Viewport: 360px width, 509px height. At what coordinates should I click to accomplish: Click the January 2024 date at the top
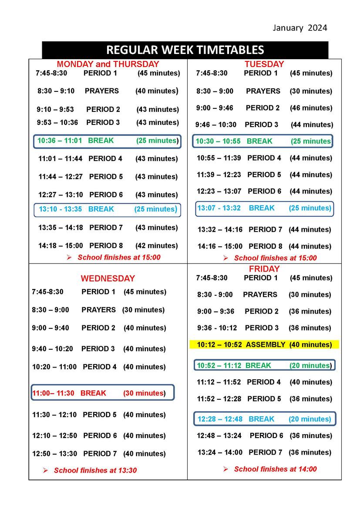[299, 28]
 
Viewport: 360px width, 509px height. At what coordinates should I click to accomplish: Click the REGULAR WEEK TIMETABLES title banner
[185, 50]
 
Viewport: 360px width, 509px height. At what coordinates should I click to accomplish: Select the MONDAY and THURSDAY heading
[108, 64]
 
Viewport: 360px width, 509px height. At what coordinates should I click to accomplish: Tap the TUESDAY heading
[264, 64]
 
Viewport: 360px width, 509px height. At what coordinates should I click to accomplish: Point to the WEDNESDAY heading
[108, 278]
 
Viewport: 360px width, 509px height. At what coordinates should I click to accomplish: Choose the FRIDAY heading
[264, 269]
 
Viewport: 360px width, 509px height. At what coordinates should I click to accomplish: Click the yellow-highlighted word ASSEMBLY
[266, 345]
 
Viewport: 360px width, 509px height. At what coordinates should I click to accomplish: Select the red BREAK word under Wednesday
[93, 393]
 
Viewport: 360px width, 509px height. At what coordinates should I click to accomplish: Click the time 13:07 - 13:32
[219, 208]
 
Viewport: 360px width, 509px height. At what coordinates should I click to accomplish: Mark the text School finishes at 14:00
[275, 469]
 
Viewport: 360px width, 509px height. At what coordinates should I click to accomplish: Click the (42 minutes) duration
[157, 246]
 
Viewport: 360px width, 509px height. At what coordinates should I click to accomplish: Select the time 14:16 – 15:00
[220, 246]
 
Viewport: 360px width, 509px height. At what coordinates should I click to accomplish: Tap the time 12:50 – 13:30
[54, 454]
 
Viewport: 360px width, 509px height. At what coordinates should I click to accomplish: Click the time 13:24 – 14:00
[220, 452]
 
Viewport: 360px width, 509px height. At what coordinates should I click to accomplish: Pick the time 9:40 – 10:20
[53, 349]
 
